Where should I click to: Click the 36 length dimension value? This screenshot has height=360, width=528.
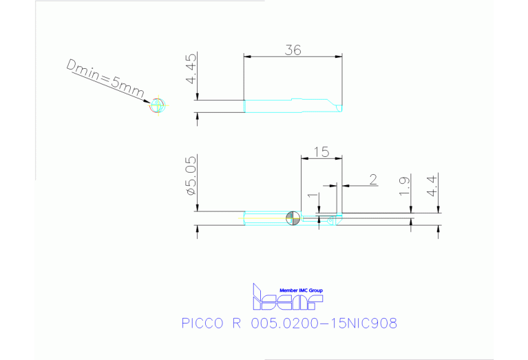292,50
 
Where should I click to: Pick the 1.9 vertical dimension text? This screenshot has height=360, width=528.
405,186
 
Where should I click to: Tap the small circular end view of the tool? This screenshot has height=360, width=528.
158,105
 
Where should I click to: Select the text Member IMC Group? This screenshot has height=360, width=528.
301,290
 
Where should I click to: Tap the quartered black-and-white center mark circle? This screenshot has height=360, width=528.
293,218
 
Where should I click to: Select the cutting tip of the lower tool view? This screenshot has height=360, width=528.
337,219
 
